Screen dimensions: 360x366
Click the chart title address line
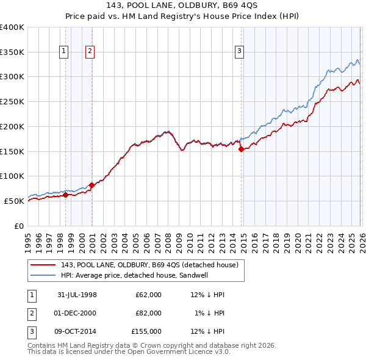click(182, 5)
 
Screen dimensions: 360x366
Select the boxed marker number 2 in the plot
click(90, 52)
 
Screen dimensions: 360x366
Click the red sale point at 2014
click(241, 148)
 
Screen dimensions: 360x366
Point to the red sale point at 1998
click(66, 195)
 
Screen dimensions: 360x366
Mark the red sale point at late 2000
click(91, 185)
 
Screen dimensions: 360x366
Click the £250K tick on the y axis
click(12, 102)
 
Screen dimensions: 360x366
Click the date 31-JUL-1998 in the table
click(77, 295)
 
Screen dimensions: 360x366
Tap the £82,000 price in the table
click(149, 313)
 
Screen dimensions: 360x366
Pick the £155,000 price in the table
click(147, 331)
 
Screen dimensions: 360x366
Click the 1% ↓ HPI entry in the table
click(210, 313)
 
